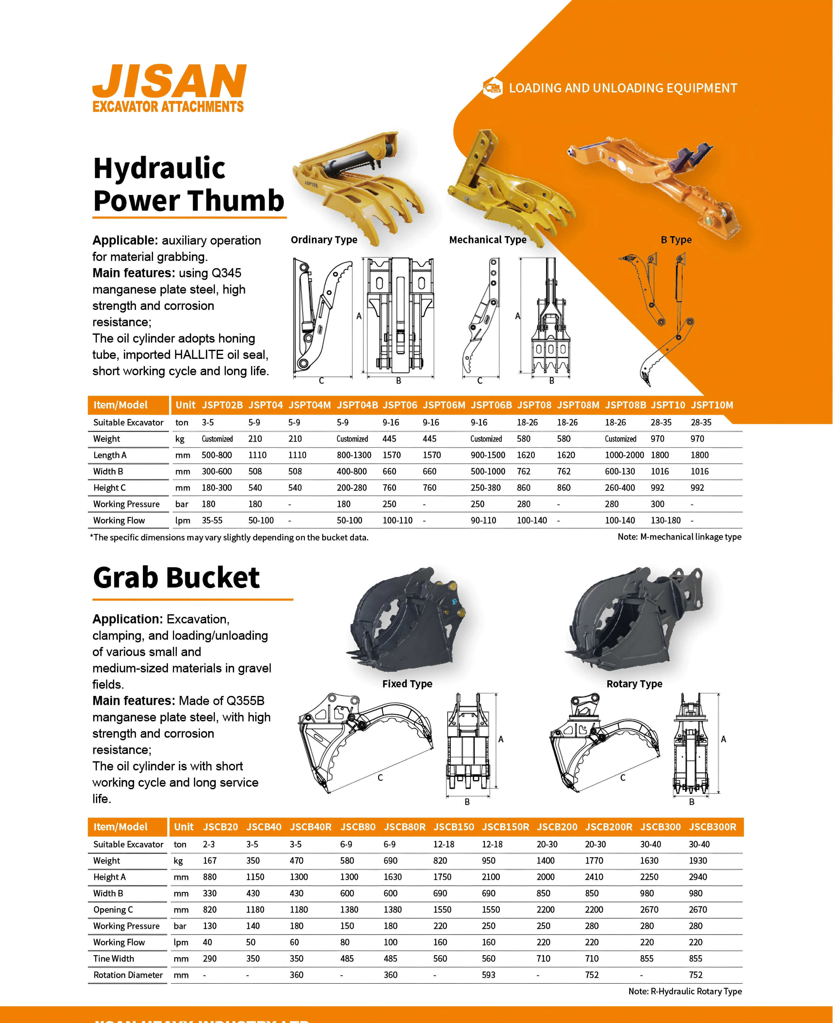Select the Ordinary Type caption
pos(324,240)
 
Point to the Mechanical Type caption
pos(488,240)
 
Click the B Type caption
pos(676,240)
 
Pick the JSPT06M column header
pos(444,405)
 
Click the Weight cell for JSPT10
pos(657,439)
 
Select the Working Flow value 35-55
pos(212,520)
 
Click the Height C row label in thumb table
pos(110,488)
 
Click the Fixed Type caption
pos(407,684)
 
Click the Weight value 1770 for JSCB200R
pos(594,861)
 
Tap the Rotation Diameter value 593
pos(489,975)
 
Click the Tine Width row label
pos(114,958)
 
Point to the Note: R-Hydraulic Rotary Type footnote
pos(685,991)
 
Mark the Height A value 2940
pos(698,877)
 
